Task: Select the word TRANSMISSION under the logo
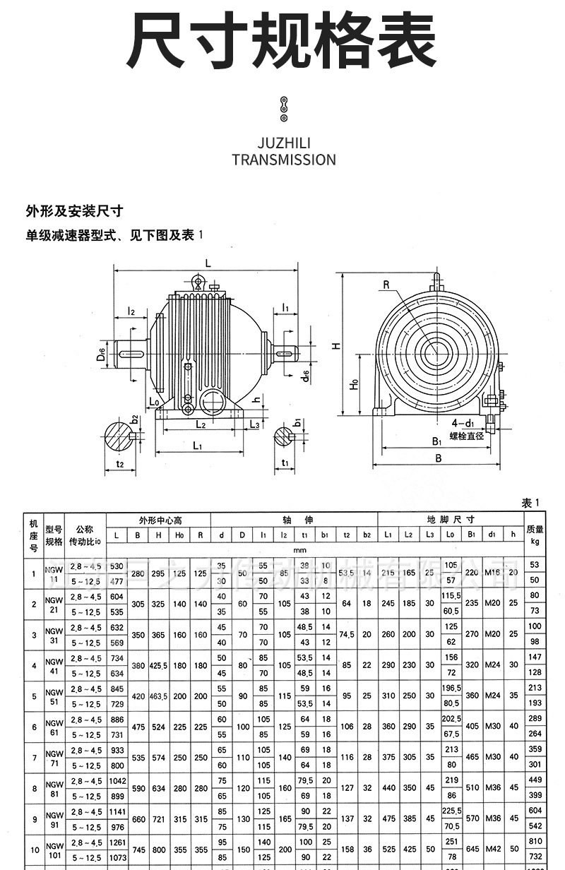(284, 160)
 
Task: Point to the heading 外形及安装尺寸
(75, 210)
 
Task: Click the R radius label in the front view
(386, 285)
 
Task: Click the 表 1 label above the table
(530, 503)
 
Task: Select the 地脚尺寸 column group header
(451, 520)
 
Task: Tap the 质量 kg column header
(535, 535)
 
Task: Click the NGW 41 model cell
(54, 666)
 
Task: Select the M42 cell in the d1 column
(492, 850)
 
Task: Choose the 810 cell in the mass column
(535, 842)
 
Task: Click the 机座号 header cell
(33, 535)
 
